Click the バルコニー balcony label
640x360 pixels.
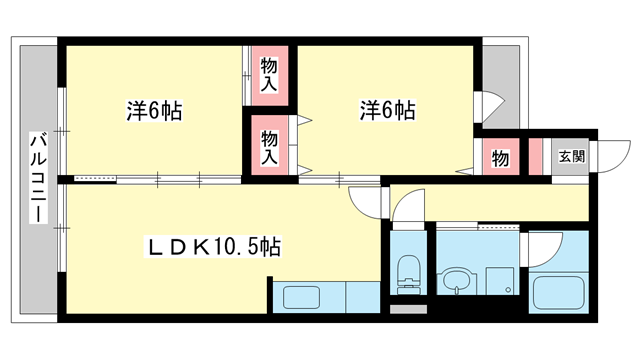[37, 178]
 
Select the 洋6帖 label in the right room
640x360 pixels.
[387, 110]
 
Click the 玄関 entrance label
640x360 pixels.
[570, 156]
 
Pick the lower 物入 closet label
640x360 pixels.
[270, 147]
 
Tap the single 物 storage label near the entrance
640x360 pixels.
[500, 158]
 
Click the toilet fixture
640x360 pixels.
[408, 271]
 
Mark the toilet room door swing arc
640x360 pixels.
[410, 213]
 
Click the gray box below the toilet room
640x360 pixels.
[408, 311]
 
